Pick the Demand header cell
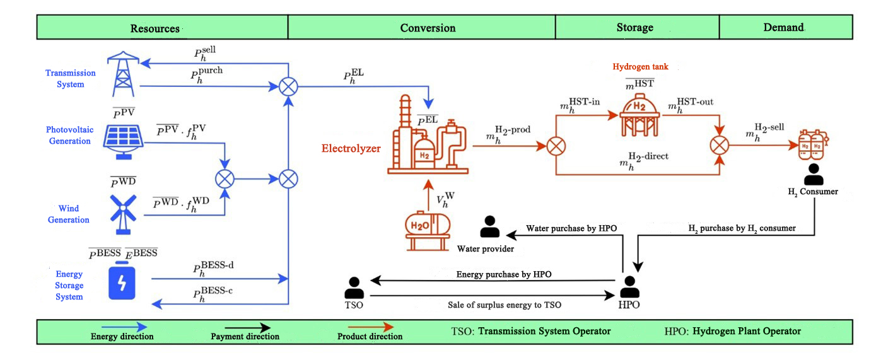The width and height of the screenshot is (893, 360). point(785,28)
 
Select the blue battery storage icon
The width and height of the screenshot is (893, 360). point(124,283)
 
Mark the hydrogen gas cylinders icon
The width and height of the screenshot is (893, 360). point(812,144)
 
